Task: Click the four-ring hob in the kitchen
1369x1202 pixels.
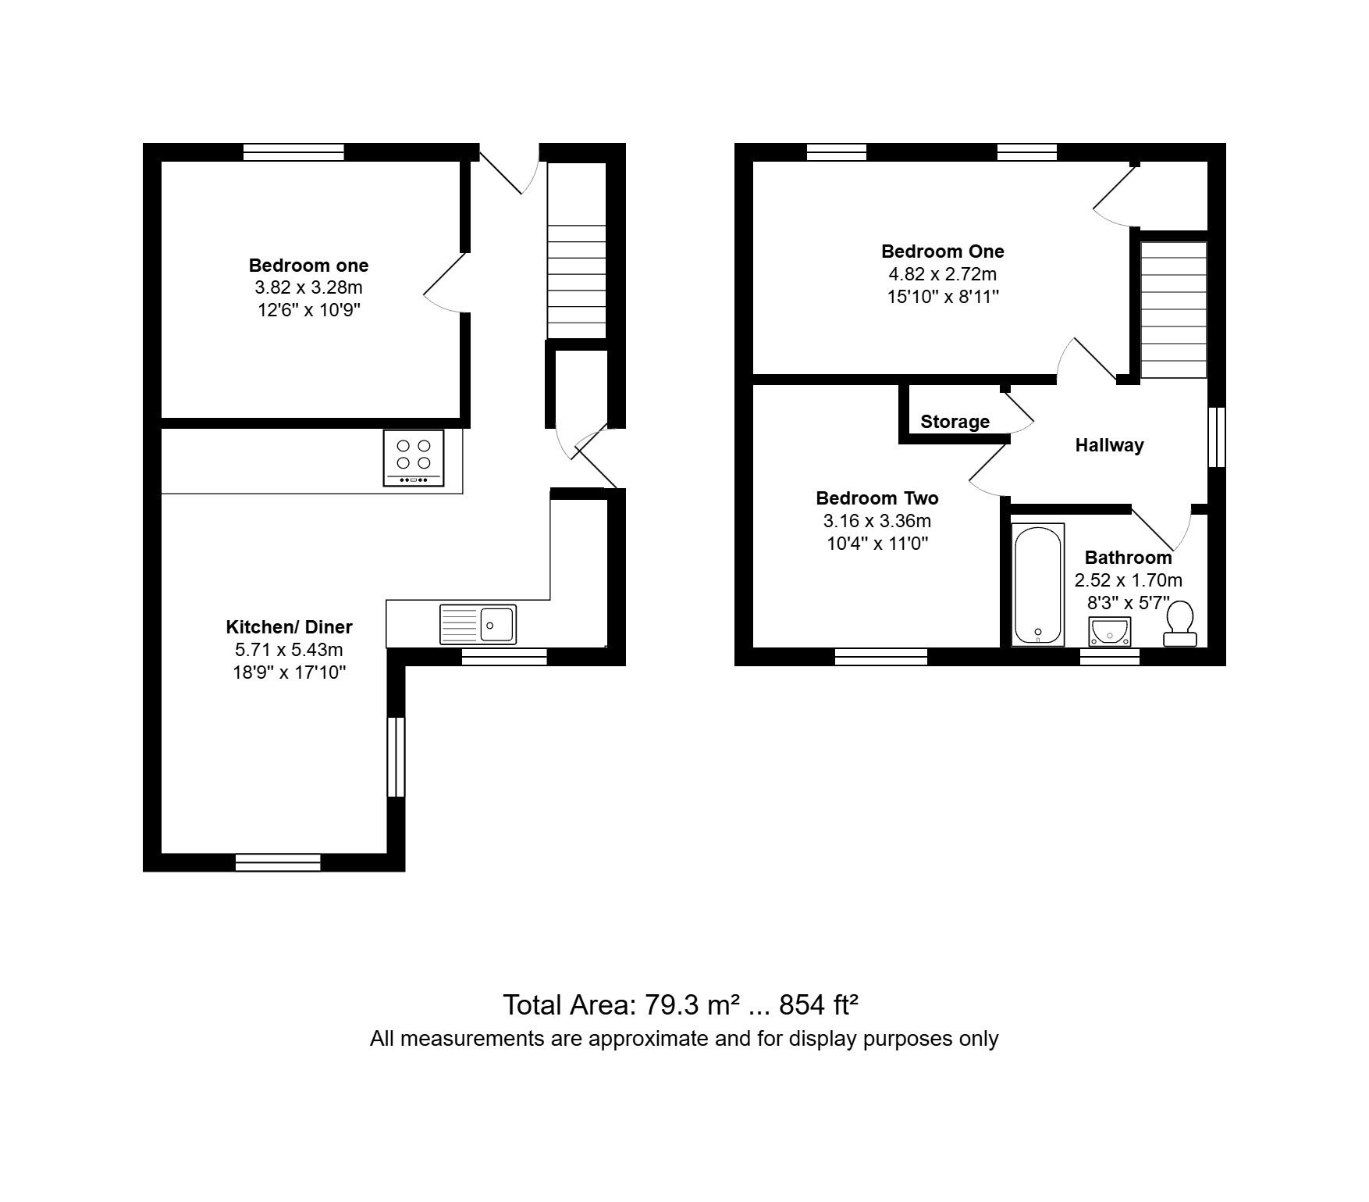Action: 414,458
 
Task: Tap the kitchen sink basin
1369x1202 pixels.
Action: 497,625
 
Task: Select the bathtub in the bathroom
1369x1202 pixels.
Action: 1038,584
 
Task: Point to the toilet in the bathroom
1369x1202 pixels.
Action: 1179,623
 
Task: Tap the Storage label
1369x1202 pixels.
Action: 955,422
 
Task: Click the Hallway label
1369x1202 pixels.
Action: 1109,445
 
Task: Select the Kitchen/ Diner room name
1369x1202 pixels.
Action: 289,626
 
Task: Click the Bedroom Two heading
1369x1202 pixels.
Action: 877,498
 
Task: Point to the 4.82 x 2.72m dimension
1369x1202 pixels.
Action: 943,274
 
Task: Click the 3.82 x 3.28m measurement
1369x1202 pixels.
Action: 309,287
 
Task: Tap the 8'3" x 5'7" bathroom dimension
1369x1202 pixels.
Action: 1129,603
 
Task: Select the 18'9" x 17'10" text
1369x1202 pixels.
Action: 289,672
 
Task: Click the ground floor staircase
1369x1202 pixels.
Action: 577,251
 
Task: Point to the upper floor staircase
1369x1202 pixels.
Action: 1174,310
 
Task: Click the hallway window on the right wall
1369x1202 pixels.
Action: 1217,437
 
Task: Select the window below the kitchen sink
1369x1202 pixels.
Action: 504,657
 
